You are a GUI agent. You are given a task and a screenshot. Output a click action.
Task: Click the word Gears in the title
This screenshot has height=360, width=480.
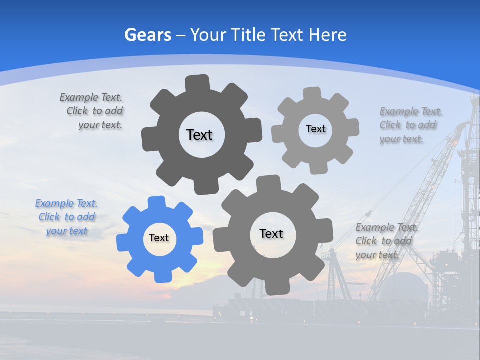(148, 35)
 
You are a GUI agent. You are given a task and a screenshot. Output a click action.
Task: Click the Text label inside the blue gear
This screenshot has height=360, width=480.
(159, 238)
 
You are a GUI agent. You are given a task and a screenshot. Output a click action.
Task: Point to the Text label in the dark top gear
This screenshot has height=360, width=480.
(199, 135)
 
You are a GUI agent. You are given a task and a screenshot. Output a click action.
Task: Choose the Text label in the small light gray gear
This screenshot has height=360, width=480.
(315, 129)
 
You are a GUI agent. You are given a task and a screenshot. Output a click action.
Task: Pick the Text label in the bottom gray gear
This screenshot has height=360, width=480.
(271, 234)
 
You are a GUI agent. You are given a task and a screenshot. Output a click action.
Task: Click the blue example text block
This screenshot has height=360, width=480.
(66, 217)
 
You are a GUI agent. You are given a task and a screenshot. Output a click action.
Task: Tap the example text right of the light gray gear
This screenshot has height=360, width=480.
(410, 125)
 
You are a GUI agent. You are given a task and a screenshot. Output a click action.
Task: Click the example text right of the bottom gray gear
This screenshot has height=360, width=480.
(386, 241)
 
